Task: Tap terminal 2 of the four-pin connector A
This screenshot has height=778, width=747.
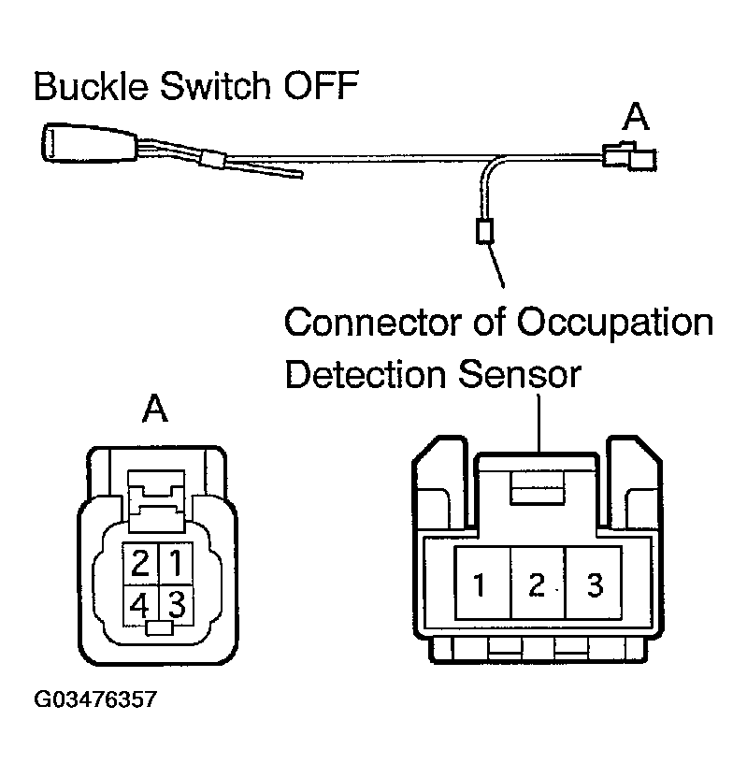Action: click(141, 563)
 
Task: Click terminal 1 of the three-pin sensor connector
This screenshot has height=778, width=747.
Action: click(480, 586)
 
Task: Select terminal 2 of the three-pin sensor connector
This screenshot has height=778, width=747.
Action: click(537, 586)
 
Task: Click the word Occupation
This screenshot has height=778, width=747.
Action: click(614, 324)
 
